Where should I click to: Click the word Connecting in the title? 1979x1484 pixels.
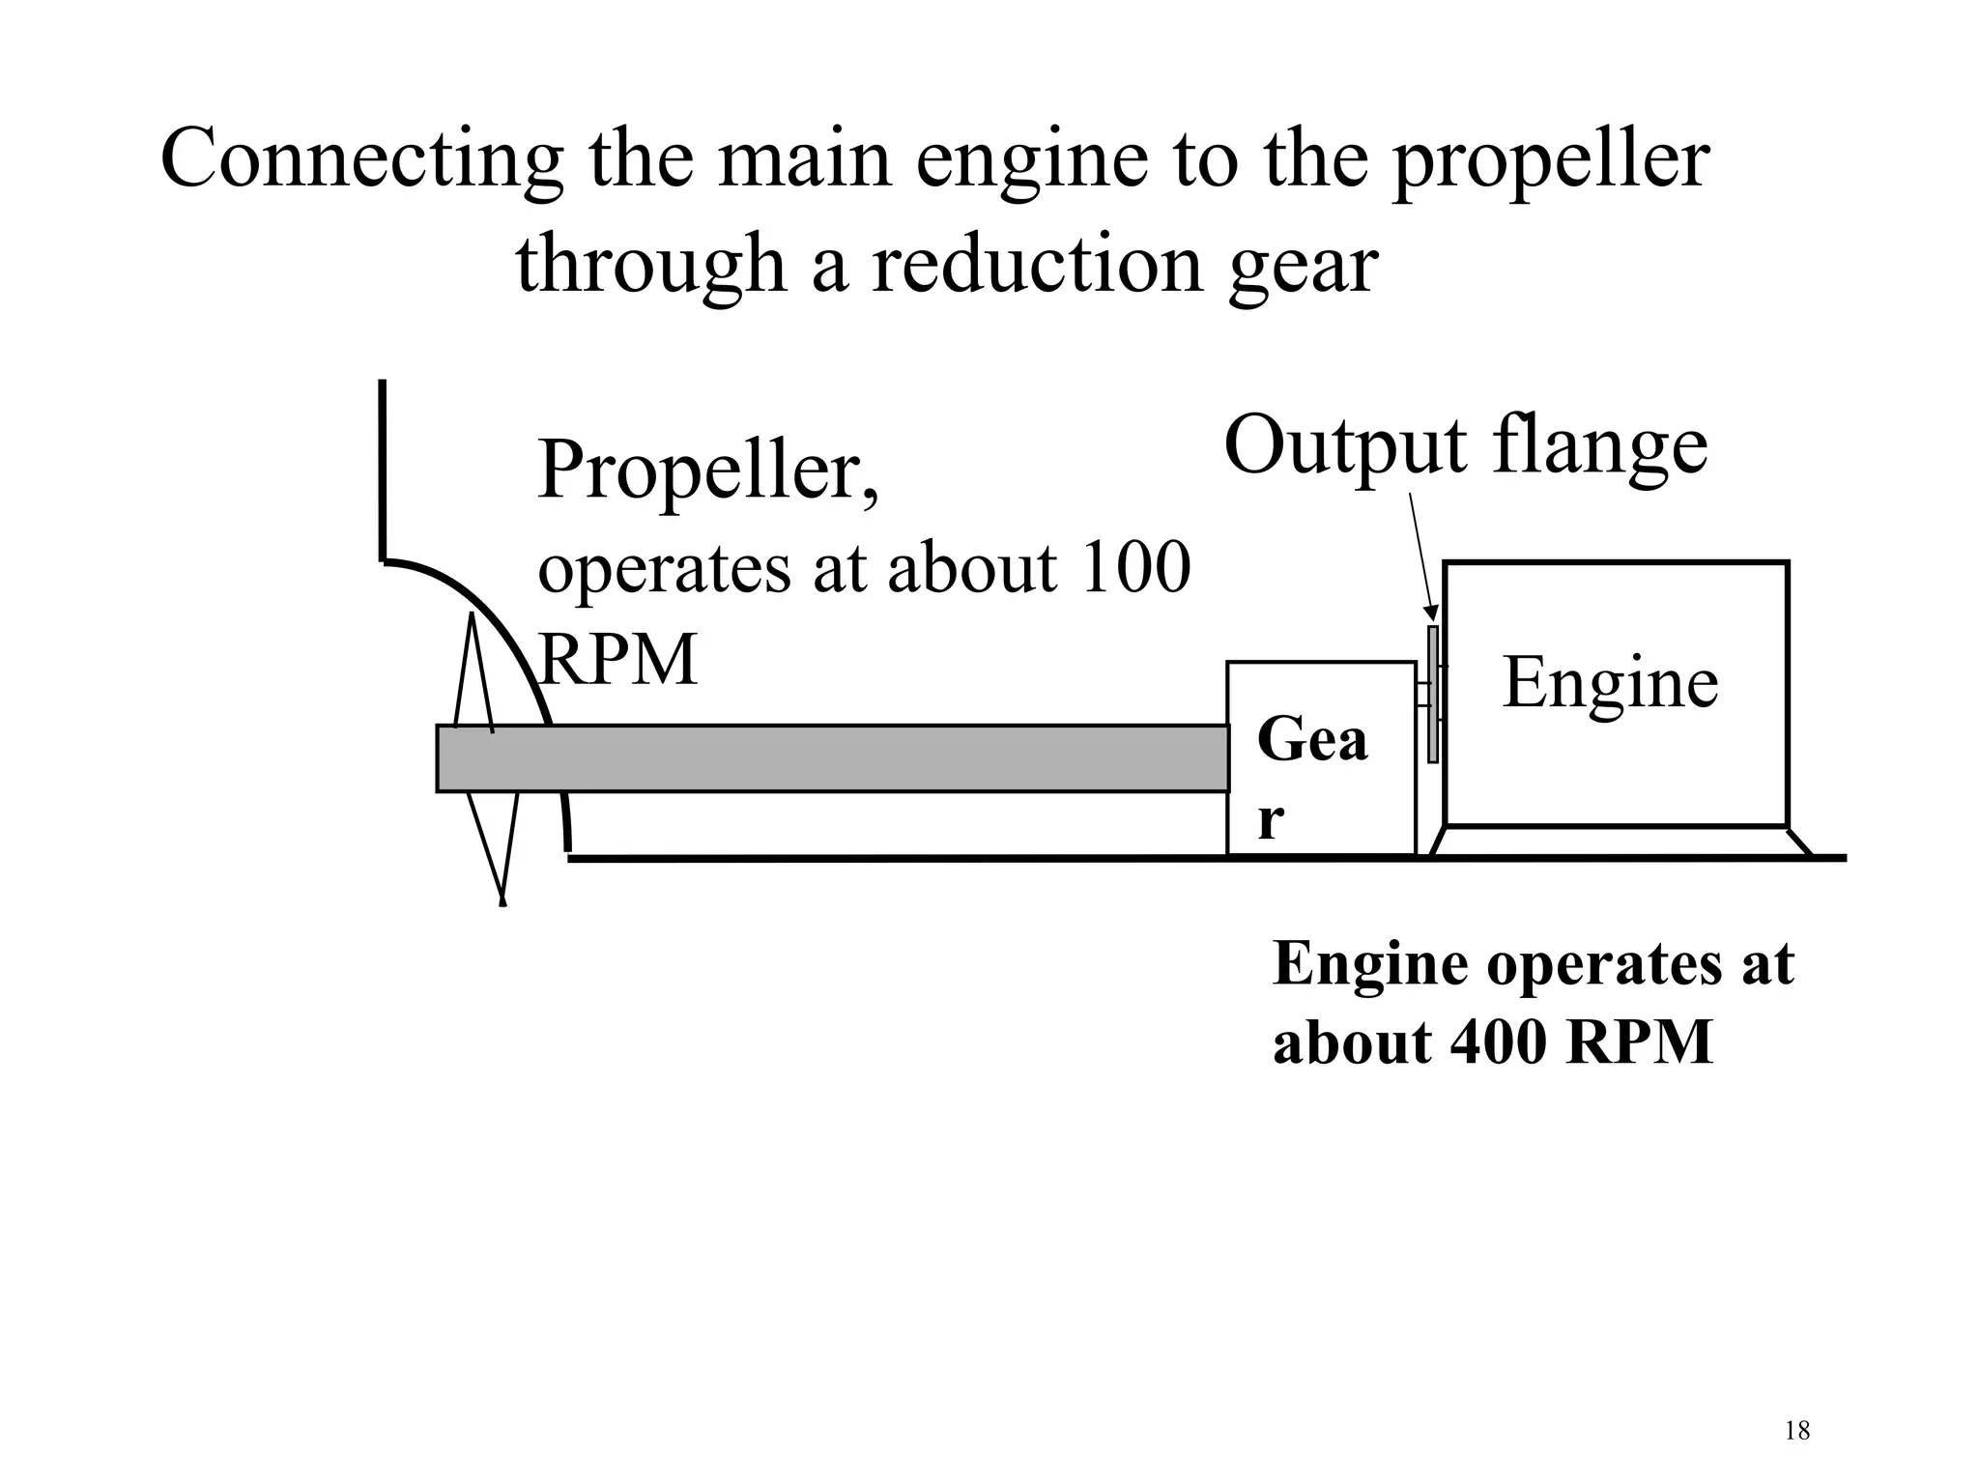[361, 160]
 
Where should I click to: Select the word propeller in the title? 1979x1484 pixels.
[1550, 160]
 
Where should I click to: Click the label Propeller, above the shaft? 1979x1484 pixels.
[708, 471]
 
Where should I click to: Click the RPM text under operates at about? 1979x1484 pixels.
[617, 661]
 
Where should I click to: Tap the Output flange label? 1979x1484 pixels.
[1465, 445]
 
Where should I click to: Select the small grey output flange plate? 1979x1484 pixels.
[1433, 695]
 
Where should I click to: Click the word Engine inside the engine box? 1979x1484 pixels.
[1610, 683]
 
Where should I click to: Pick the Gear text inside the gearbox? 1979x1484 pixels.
[1311, 779]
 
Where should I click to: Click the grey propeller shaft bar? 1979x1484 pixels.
[831, 758]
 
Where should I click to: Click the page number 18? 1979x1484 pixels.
[1796, 1431]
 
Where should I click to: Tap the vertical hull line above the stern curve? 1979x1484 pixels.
[383, 469]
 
